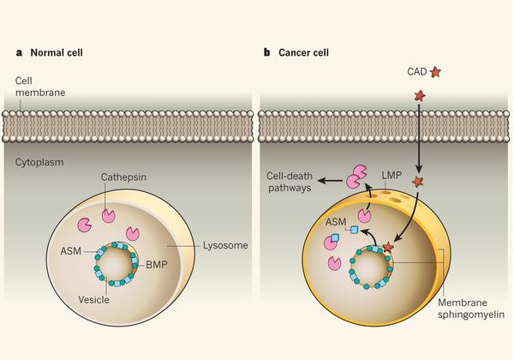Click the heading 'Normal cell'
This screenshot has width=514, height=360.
[x=57, y=53]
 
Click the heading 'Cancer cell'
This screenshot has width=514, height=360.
[x=303, y=53]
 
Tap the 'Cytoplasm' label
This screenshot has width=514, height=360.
[x=39, y=162]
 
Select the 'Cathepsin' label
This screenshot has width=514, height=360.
[x=123, y=177]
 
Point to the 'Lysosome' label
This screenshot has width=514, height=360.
[x=225, y=245]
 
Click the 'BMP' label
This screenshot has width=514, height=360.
[x=157, y=264]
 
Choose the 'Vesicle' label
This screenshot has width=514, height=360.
[x=93, y=300]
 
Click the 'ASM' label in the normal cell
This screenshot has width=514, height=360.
[x=70, y=251]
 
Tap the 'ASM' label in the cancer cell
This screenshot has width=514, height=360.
[x=336, y=222]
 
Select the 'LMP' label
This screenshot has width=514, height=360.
[x=391, y=176]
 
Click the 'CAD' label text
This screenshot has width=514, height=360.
[x=417, y=71]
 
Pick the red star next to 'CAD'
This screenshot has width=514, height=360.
[x=435, y=72]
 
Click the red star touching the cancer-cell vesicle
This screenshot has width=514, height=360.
[x=388, y=247]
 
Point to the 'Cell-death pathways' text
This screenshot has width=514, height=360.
[x=290, y=182]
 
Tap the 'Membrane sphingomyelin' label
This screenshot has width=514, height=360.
[x=471, y=309]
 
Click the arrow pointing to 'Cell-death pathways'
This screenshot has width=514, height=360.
[x=331, y=180]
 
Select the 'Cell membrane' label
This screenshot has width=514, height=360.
[x=40, y=87]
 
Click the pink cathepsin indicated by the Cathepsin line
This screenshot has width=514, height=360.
[x=109, y=216]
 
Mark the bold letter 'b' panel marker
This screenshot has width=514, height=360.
[x=266, y=52]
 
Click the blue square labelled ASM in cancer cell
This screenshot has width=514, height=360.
[x=354, y=230]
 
